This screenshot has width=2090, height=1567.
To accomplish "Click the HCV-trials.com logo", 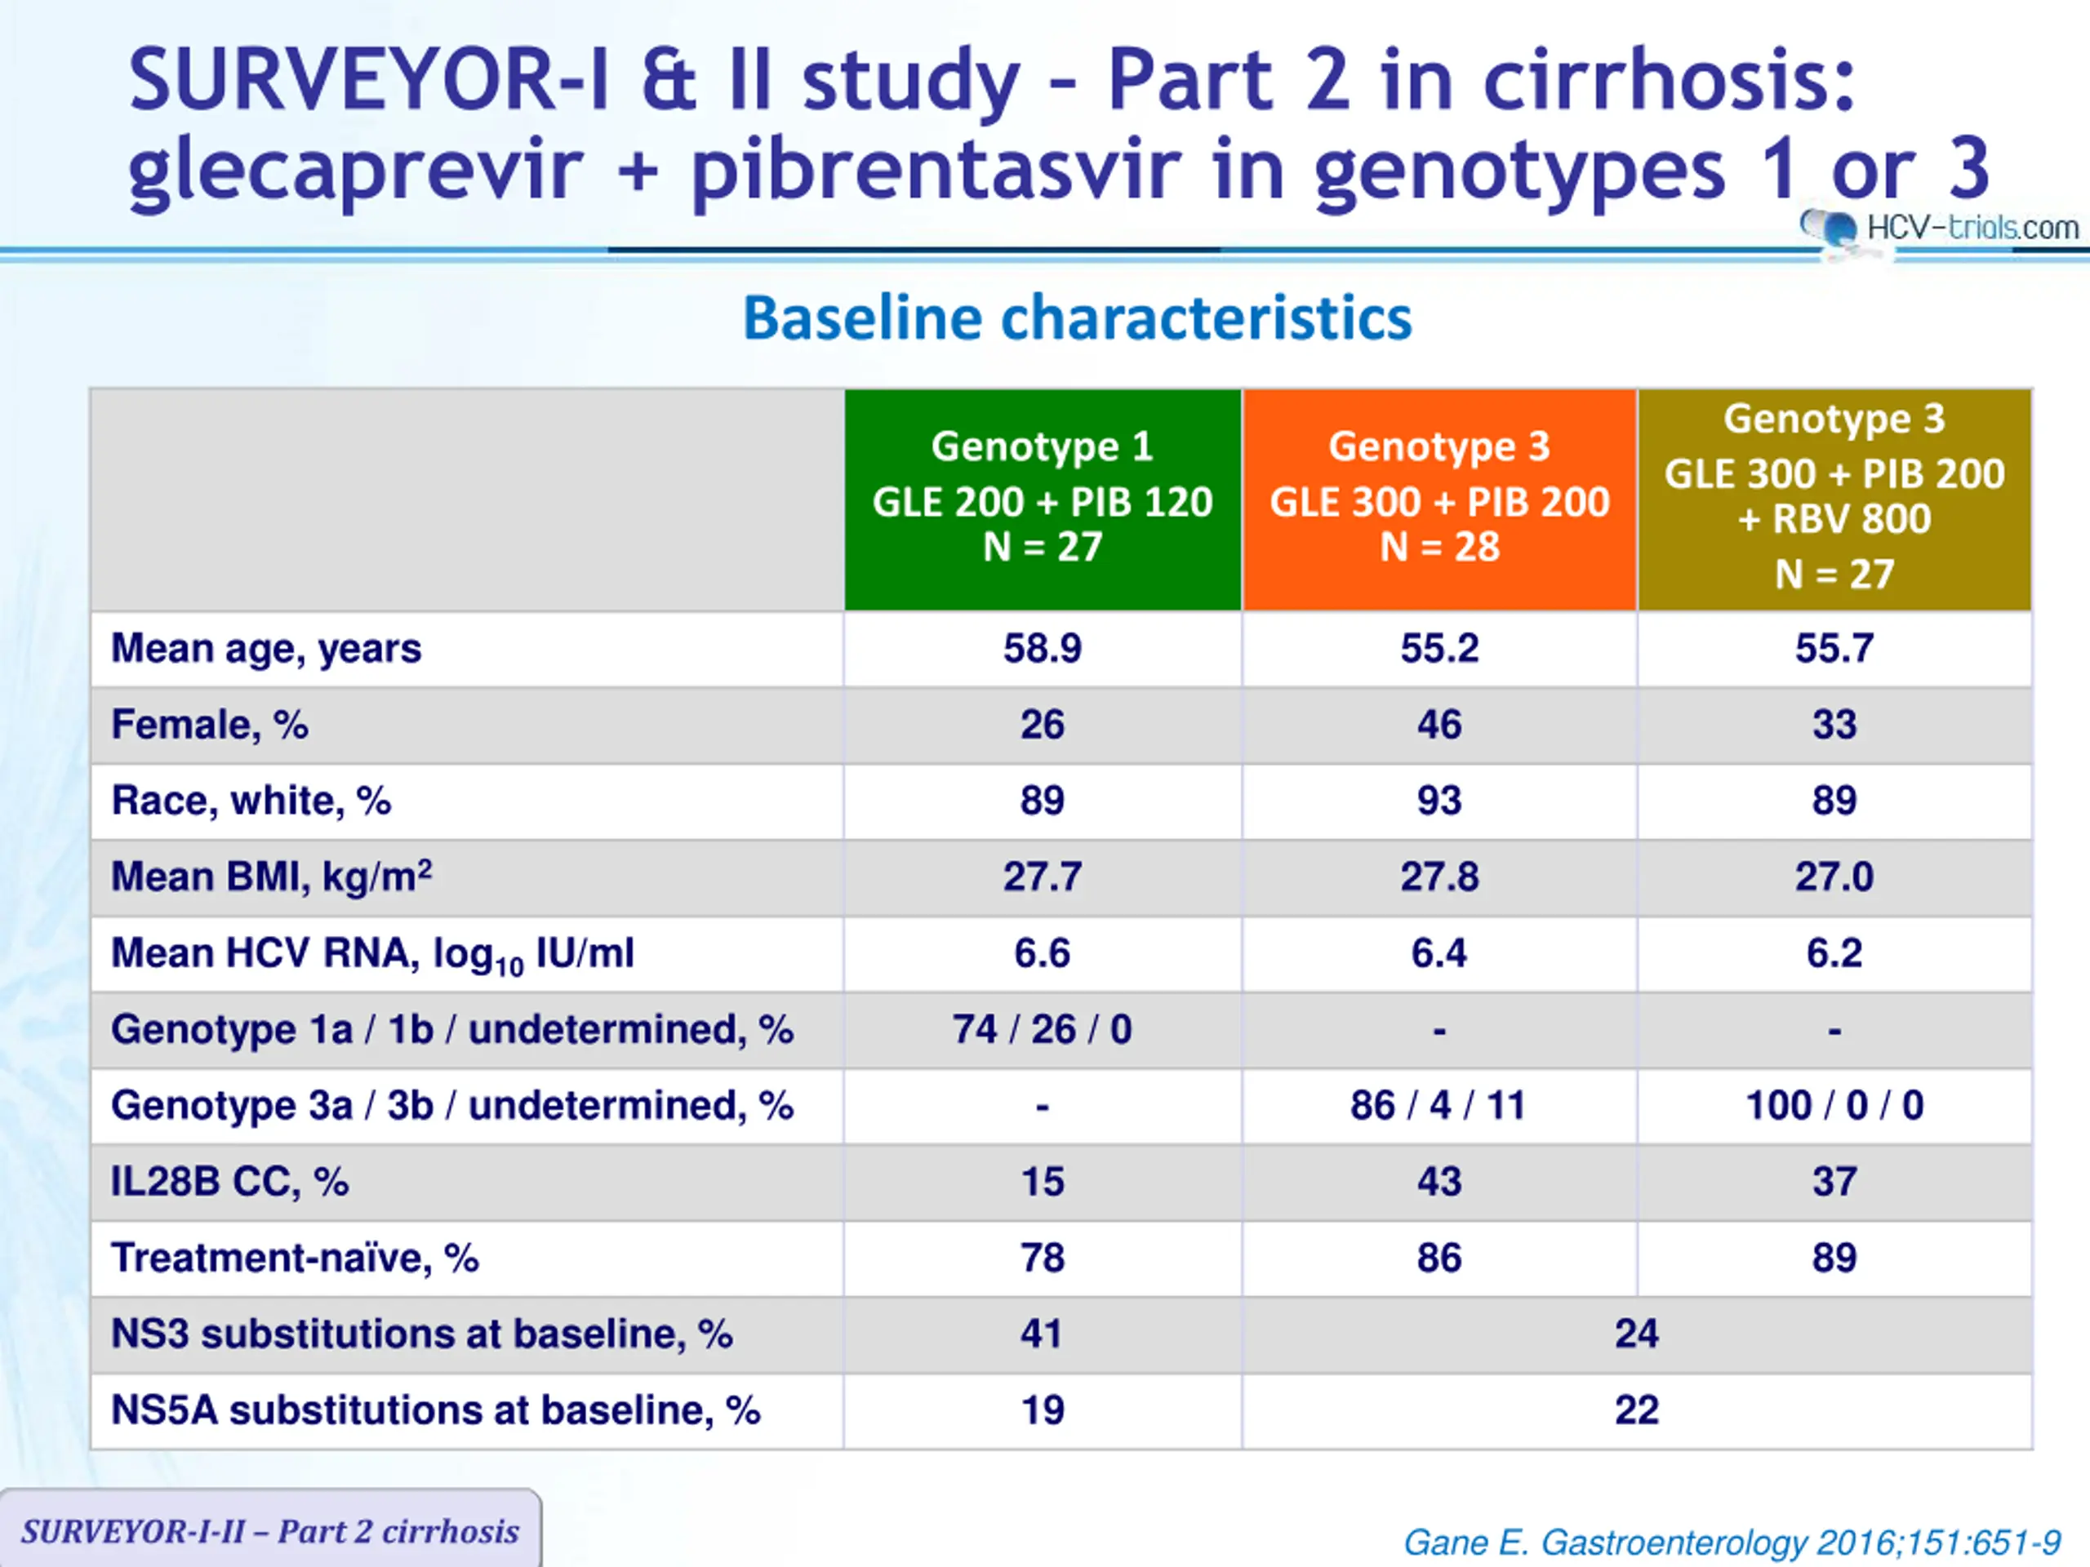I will (x=1941, y=228).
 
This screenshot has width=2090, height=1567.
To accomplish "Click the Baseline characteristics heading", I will (x=1077, y=318).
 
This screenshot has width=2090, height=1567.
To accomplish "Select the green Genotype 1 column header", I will (x=1043, y=499).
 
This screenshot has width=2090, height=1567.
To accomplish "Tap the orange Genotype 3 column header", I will (x=1439, y=499).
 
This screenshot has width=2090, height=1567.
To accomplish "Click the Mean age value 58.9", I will (x=1043, y=649).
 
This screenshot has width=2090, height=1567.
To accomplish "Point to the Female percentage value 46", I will (x=1439, y=726).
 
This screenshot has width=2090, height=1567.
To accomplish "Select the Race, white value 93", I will (x=1439, y=801).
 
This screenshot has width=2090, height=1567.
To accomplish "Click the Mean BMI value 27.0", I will (x=1834, y=877).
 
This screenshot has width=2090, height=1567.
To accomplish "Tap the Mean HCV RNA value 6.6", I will (x=1043, y=953).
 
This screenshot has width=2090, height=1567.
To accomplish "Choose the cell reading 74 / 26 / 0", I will (x=1043, y=1029).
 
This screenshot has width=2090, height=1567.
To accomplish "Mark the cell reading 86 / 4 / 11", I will (x=1439, y=1106).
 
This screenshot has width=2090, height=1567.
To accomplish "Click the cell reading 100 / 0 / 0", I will (x=1834, y=1106).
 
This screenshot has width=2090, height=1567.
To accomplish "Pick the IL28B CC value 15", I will (x=1043, y=1182).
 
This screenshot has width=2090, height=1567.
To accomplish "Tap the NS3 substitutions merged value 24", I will (x=1636, y=1334).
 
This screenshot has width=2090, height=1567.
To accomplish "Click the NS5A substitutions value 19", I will (x=1043, y=1410).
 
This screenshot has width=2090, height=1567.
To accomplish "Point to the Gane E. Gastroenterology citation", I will (x=1731, y=1543).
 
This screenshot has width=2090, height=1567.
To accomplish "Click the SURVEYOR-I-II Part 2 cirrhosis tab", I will (x=270, y=1531).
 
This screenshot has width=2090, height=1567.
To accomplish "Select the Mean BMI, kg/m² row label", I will (x=271, y=877).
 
